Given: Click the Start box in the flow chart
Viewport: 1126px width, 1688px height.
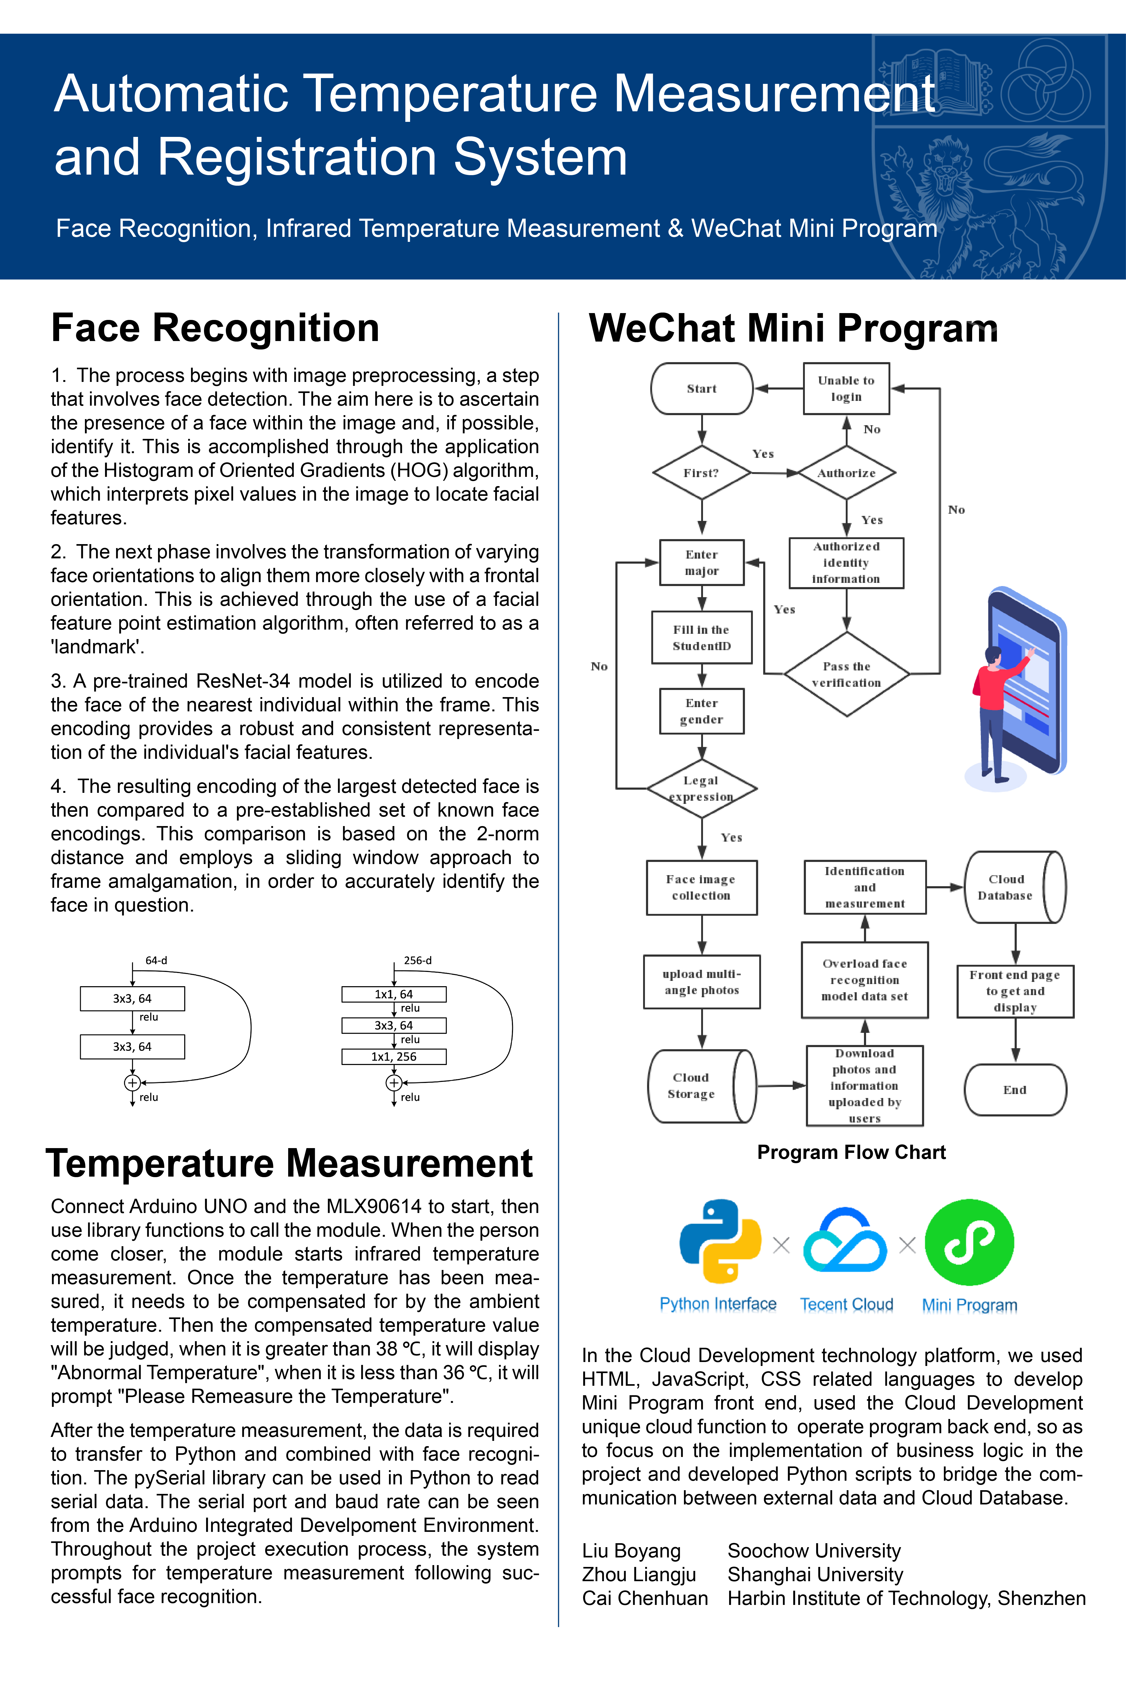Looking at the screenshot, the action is click(x=702, y=388).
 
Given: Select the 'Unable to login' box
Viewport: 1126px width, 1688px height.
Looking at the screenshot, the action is click(x=846, y=388).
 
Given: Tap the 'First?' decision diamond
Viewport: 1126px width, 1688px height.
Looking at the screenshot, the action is click(x=702, y=473).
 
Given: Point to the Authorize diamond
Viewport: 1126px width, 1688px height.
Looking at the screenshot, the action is click(x=847, y=473).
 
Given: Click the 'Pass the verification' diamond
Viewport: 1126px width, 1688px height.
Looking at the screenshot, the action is click(x=847, y=674).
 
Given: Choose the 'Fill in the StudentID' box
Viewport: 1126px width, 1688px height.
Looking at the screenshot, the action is click(x=702, y=637).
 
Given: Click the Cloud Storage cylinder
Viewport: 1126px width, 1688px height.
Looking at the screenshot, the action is click(x=702, y=1086).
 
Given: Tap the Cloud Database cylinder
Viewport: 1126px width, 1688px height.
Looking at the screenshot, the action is click(x=1015, y=887).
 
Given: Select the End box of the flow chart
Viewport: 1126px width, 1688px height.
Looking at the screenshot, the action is click(x=1015, y=1090).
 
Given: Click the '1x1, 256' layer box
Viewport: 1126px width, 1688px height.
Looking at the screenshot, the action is click(x=393, y=1056).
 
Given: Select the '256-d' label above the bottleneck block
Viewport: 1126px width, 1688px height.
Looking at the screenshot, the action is click(x=418, y=960).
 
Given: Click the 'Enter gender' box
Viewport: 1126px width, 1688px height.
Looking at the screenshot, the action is click(x=702, y=711).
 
